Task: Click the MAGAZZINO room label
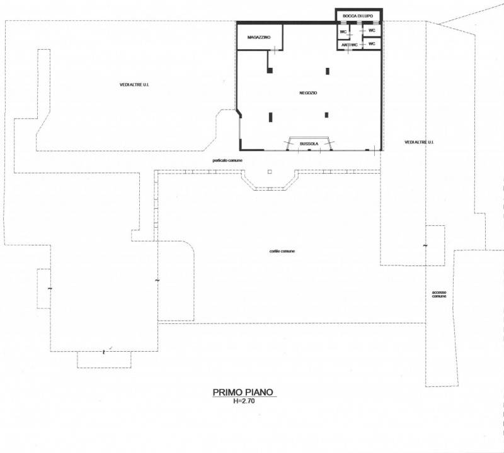pyautogui.click(x=259, y=37)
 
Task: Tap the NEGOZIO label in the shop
pyautogui.click(x=308, y=92)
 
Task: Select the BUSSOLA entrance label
pyautogui.click(x=309, y=144)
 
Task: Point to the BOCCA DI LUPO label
pyautogui.click(x=358, y=16)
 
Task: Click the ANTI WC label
pyautogui.click(x=350, y=45)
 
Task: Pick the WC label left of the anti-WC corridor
pyautogui.click(x=343, y=32)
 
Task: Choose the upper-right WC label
pyautogui.click(x=372, y=30)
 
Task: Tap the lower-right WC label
pyautogui.click(x=372, y=43)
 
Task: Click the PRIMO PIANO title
pyautogui.click(x=243, y=392)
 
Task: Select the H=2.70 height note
pyautogui.click(x=244, y=401)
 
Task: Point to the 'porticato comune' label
pyautogui.click(x=227, y=160)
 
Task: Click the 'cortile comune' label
pyautogui.click(x=282, y=251)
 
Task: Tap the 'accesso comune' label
pyautogui.click(x=438, y=294)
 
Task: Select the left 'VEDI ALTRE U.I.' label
pyautogui.click(x=134, y=85)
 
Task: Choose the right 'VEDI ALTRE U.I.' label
pyautogui.click(x=419, y=142)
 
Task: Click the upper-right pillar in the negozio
pyautogui.click(x=328, y=71)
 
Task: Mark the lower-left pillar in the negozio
pyautogui.click(x=271, y=117)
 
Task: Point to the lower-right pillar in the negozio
pyautogui.click(x=326, y=115)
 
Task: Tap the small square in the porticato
pyautogui.click(x=270, y=172)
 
